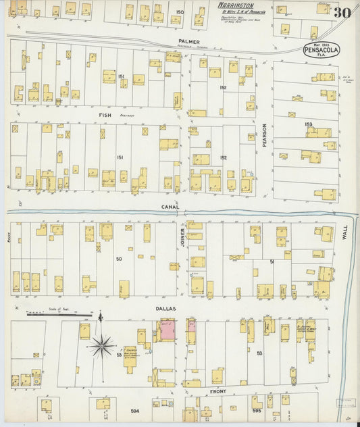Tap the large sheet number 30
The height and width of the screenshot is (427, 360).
click(x=341, y=12)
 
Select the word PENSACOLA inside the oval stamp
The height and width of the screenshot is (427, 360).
click(x=322, y=50)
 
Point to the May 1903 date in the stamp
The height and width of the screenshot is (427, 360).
click(x=322, y=44)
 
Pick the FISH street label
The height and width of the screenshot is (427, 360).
click(x=105, y=115)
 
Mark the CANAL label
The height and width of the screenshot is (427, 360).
click(x=170, y=207)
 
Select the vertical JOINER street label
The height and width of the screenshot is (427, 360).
click(x=182, y=238)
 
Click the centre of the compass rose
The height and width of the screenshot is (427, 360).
click(x=101, y=346)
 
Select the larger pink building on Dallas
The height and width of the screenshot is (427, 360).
click(x=167, y=330)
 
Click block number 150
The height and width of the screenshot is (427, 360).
click(x=180, y=12)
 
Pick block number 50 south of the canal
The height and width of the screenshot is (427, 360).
click(x=119, y=259)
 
